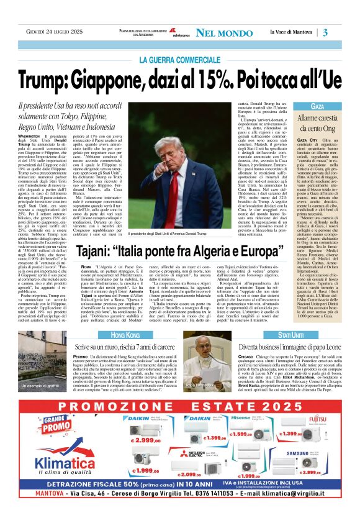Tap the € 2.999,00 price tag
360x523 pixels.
coord(146,440)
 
